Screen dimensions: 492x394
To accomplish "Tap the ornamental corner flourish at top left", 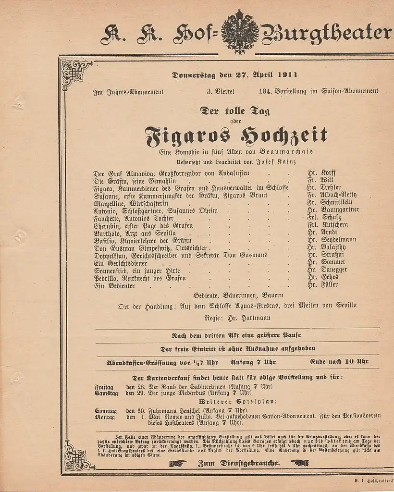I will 76,69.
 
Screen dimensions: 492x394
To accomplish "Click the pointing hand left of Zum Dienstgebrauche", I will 177,464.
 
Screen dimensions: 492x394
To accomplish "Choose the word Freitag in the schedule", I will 104,387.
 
